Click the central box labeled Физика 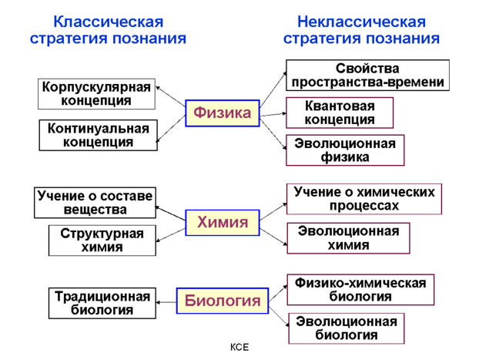(x=223, y=114)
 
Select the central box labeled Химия (x=223, y=224)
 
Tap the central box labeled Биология (x=223, y=301)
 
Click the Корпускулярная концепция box (x=96, y=94)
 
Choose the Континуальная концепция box (x=98, y=135)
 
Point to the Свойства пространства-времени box (x=367, y=76)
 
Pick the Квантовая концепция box (x=340, y=113)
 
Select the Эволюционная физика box (x=346, y=150)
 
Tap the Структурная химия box (x=102, y=240)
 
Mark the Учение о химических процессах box (x=363, y=199)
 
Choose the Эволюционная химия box (x=348, y=238)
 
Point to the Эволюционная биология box (x=347, y=328)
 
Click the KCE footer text (x=239, y=348)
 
